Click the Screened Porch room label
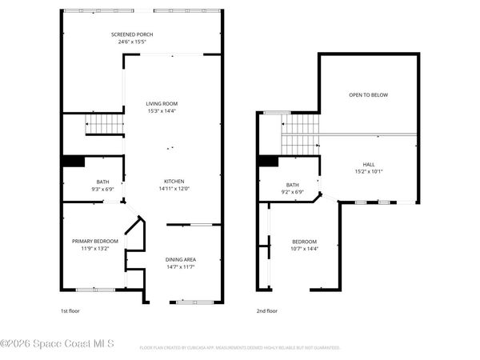coord(132,34)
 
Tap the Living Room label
coord(161,103)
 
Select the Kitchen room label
coord(175,181)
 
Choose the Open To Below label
coord(368,95)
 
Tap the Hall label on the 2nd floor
coord(369,164)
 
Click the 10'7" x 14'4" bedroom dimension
coord(304,249)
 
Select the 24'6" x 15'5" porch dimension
coord(132,42)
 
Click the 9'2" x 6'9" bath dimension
coord(293,192)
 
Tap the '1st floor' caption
coord(70,310)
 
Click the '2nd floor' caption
coord(266,310)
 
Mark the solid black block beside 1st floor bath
coord(74,162)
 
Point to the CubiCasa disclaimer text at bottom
coord(240,348)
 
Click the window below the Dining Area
coord(193,302)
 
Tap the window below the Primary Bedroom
coord(95,289)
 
